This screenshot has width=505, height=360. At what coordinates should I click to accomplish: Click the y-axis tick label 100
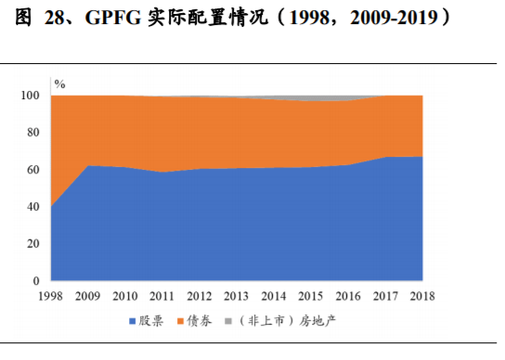coord(31,96)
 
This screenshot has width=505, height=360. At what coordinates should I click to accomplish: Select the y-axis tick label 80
coord(34,133)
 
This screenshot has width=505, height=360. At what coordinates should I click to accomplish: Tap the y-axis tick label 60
coord(34,170)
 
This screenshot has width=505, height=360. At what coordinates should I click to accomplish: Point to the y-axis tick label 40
coord(34,207)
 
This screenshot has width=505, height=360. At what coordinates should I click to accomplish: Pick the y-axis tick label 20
coord(34,243)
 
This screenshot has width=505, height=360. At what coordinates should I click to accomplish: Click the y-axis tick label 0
coord(37,280)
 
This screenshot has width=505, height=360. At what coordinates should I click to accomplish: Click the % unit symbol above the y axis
coord(59,84)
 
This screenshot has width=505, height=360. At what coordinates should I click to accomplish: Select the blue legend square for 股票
coord(133,320)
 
